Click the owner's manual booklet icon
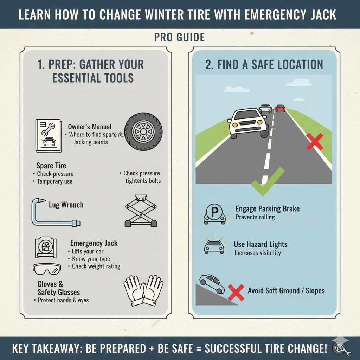click(x=49, y=135)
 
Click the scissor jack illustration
click(x=141, y=211)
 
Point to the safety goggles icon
click(x=46, y=269)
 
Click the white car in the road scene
click(x=247, y=123)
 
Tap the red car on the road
click(x=280, y=108)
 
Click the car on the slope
click(x=212, y=284)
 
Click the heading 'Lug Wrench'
click(x=66, y=205)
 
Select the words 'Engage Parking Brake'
click(x=267, y=209)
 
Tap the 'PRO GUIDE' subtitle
click(x=179, y=38)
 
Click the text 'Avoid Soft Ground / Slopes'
click(x=286, y=291)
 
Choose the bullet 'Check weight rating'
click(x=96, y=266)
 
